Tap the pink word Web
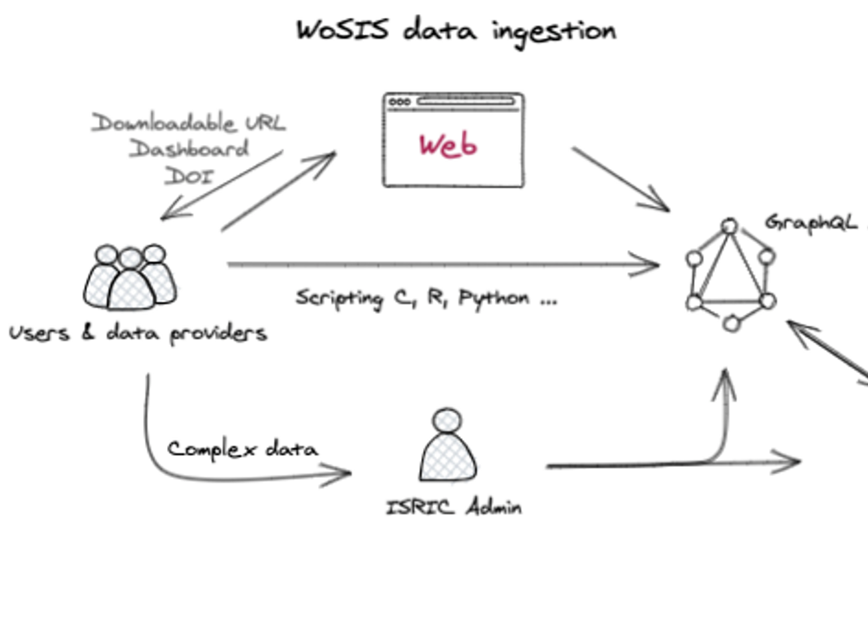[x=448, y=145]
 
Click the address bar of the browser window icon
[x=466, y=102]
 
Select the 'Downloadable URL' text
[x=189, y=123]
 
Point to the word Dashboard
[x=189, y=149]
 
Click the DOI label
[x=189, y=176]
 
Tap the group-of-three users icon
[x=130, y=278]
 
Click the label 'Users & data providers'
[x=138, y=332]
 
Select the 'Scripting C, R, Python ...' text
[x=426, y=298]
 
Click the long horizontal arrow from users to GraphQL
[x=439, y=265]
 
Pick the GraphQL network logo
[x=730, y=275]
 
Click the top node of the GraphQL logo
[x=730, y=227]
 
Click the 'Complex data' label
[x=242, y=449]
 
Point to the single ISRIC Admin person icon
[x=448, y=445]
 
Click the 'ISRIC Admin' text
[x=454, y=507]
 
